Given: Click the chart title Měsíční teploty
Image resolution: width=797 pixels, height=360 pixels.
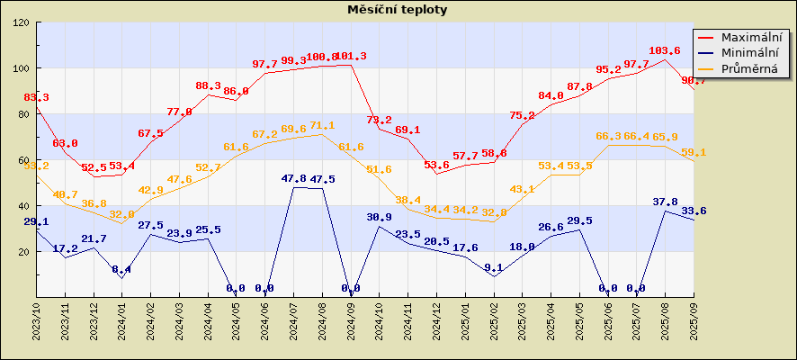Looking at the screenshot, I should [398, 10].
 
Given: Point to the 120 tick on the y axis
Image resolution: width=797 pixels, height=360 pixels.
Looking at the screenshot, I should [21, 22].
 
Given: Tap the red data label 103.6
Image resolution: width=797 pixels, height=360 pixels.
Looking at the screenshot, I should [665, 51].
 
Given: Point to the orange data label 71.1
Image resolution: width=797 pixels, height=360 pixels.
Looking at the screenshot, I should [322, 126].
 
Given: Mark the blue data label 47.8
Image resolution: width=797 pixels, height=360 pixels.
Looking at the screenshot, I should [294, 179].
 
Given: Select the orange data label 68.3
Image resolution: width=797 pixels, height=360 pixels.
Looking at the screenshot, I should [608, 136].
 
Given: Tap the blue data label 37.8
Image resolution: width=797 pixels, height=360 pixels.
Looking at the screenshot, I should [665, 202].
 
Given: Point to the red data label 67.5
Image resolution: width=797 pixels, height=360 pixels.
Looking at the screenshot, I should [151, 133].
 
